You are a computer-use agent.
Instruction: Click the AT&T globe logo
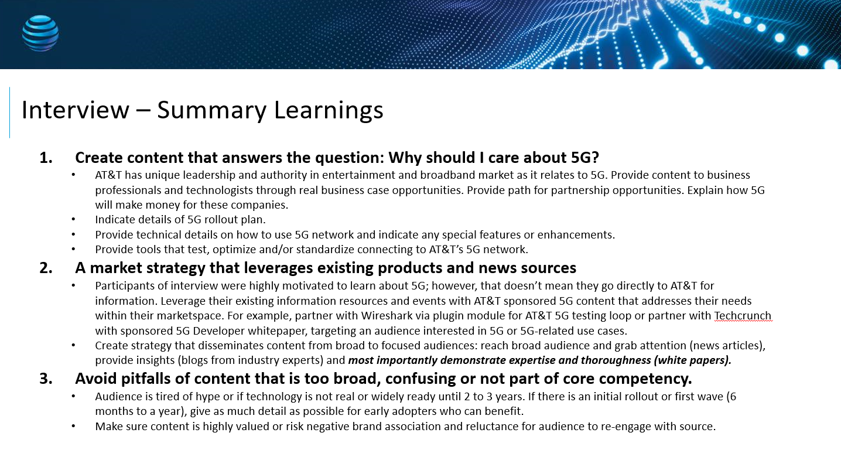pyautogui.click(x=40, y=33)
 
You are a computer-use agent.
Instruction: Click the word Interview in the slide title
pyautogui.click(x=75, y=110)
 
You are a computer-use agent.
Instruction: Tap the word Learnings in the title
pyautogui.click(x=329, y=111)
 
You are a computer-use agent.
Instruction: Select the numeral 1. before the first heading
pyautogui.click(x=46, y=158)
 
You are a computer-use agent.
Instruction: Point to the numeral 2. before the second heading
pyautogui.click(x=46, y=268)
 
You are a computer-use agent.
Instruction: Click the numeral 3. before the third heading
pyautogui.click(x=46, y=379)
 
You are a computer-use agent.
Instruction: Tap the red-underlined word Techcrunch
pyautogui.click(x=743, y=315)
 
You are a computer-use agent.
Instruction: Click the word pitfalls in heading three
pyautogui.click(x=146, y=379)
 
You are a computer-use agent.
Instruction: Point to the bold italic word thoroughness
pyautogui.click(x=616, y=360)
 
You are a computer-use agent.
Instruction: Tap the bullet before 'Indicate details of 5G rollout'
pyautogui.click(x=73, y=219)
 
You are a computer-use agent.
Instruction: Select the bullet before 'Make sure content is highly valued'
pyautogui.click(x=73, y=426)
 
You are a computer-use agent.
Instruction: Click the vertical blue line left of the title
pyautogui.click(x=9, y=113)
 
